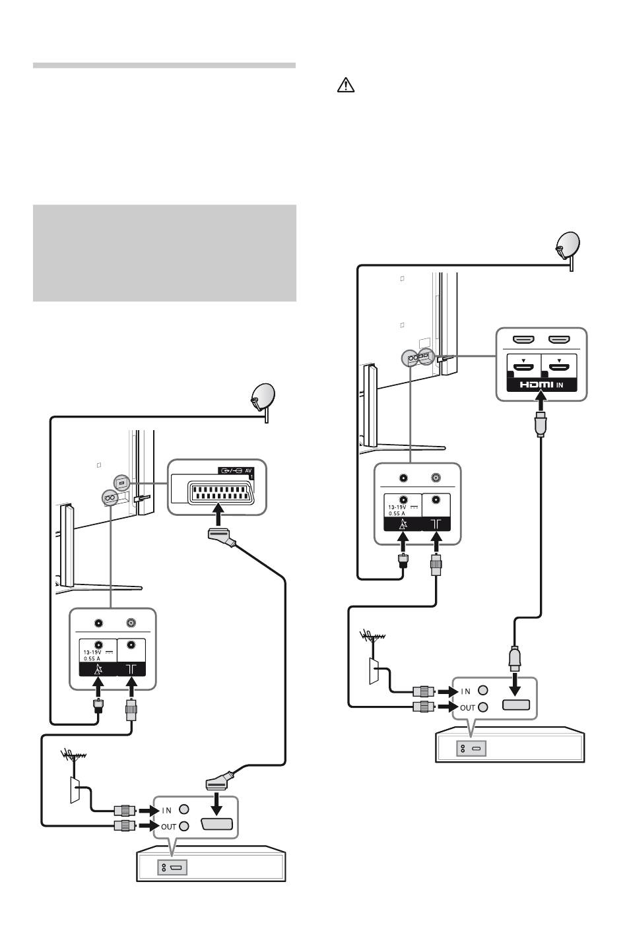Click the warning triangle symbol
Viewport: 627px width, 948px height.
point(345,85)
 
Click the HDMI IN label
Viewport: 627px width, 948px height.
point(541,385)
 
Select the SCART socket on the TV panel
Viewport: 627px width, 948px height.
point(220,493)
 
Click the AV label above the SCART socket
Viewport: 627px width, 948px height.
point(249,470)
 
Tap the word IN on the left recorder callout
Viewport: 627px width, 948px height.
point(166,811)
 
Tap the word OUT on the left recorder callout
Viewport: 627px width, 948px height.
point(168,827)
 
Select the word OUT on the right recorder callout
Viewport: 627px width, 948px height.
point(467,708)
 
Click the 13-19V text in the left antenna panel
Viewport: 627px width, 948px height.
point(92,652)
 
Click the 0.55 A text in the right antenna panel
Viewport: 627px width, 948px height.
point(397,513)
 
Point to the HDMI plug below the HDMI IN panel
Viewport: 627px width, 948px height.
point(541,424)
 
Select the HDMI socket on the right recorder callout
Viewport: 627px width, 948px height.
point(516,705)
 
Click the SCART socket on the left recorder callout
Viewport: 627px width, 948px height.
point(217,824)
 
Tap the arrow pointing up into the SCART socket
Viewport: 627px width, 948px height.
point(218,514)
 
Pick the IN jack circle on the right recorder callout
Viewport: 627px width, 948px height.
point(482,690)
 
